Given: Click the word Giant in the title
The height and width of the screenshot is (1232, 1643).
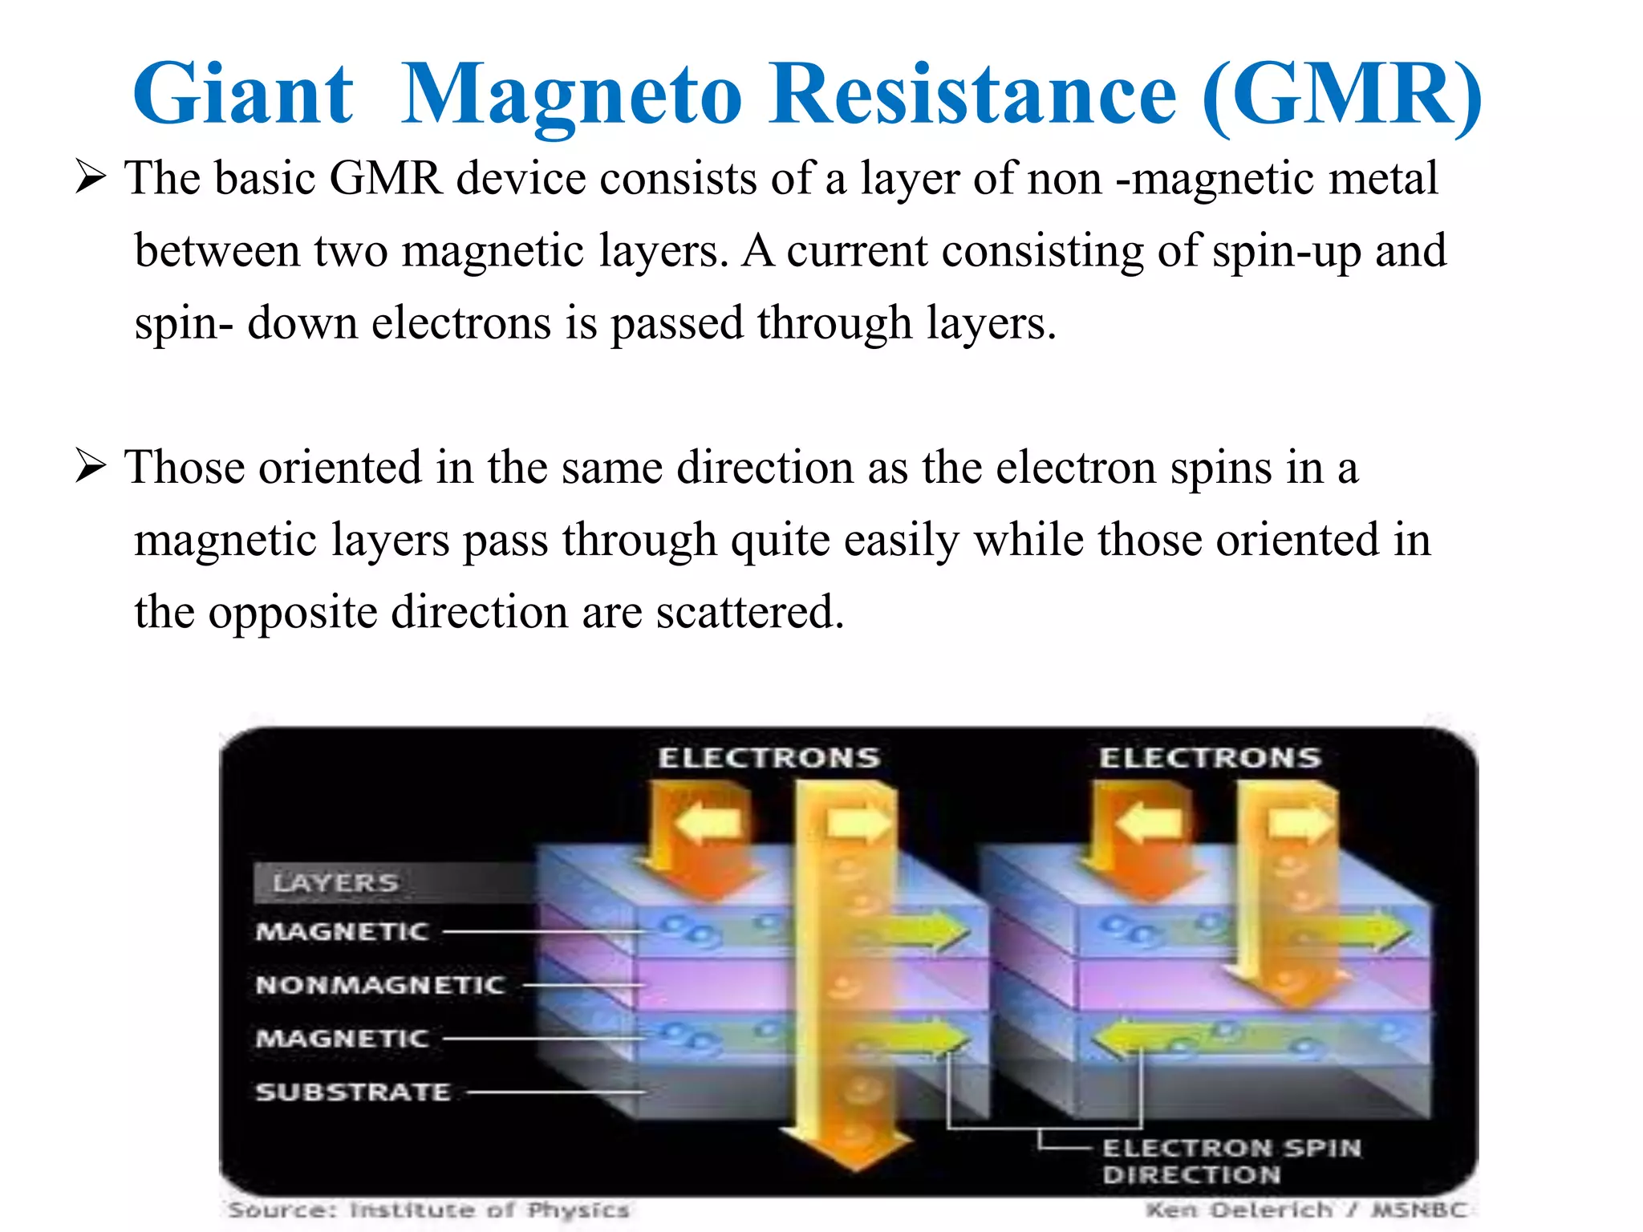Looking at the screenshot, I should (242, 95).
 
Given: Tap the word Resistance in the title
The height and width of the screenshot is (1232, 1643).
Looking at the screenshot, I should (972, 95).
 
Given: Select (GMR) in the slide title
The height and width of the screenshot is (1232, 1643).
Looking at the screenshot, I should (1342, 95).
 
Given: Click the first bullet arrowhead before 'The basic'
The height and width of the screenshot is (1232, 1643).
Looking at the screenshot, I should (91, 176).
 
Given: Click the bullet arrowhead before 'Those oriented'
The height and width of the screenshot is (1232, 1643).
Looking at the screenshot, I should (91, 466).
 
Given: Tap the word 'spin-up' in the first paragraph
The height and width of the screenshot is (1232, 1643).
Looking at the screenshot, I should (1286, 250).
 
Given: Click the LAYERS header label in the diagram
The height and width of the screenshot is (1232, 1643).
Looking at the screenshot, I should (335, 883).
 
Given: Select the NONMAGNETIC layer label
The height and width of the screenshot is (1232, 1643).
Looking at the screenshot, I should (379, 984).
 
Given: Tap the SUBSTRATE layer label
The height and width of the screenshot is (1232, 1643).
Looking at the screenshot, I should (353, 1092).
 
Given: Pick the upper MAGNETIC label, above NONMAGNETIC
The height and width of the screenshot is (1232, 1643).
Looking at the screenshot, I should (342, 931).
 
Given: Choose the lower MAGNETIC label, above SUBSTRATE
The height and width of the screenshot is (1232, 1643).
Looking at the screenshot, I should (342, 1038).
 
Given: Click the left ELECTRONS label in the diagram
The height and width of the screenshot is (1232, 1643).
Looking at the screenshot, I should (769, 757).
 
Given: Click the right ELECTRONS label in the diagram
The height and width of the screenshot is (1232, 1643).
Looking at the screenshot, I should (1210, 757).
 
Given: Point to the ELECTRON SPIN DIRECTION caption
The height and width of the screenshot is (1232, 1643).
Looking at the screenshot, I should (1231, 1161).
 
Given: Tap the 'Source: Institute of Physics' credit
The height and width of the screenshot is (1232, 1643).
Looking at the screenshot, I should (428, 1210).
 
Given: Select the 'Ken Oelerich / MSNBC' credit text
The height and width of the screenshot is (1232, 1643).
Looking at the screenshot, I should (1306, 1210).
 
